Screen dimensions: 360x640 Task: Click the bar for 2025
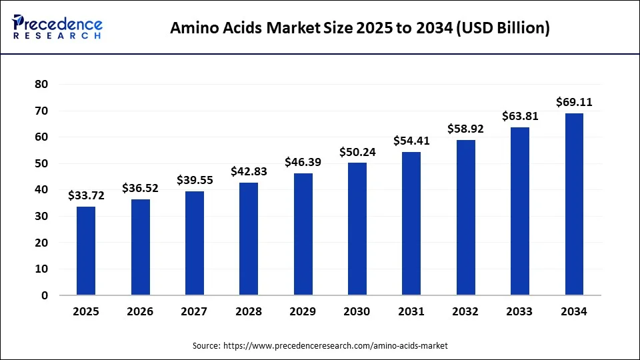click(x=86, y=251)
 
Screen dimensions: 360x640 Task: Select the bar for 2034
click(x=574, y=204)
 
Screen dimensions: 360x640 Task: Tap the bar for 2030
click(x=357, y=229)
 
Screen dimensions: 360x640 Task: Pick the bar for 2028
click(x=249, y=239)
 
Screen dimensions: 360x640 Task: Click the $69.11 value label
click(x=574, y=103)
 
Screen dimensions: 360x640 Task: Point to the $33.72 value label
click(x=86, y=195)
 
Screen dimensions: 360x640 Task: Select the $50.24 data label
click(x=357, y=152)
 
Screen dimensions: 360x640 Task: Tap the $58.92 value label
click(x=465, y=129)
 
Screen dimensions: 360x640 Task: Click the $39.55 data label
click(x=195, y=180)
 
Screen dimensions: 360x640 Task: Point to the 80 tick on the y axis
click(x=41, y=84)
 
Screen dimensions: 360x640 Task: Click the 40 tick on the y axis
click(x=41, y=190)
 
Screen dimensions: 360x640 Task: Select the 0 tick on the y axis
click(x=45, y=295)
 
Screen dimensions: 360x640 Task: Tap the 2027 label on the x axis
click(x=195, y=311)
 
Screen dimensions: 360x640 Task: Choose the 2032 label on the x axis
click(x=465, y=311)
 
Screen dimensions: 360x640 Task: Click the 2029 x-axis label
click(x=303, y=311)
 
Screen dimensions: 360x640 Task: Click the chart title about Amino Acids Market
click(x=360, y=28)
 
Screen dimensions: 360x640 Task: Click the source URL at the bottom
click(x=320, y=345)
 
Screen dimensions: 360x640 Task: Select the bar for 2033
click(x=520, y=211)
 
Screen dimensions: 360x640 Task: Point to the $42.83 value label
click(x=249, y=171)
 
